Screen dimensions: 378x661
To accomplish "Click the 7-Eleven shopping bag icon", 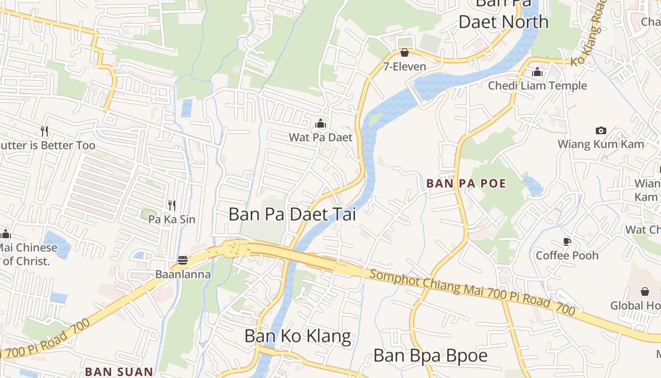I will pos(405,52).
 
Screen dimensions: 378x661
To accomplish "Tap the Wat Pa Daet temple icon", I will pos(321,124).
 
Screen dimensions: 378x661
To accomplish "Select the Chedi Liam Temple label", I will pos(537,86).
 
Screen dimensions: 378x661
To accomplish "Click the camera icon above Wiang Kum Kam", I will pos(601,130).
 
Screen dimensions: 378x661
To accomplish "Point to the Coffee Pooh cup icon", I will pos(567,242).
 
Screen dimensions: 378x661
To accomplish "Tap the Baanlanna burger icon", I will pos(183,260).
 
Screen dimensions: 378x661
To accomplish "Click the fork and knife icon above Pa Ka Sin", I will pos(172,206).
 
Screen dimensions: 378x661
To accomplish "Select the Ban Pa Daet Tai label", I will pos(292,214).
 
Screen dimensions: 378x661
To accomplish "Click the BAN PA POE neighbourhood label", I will pos(466,183).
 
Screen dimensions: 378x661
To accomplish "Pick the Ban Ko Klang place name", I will pos(297,336).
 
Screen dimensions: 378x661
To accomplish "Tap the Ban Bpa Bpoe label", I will pos(430,355).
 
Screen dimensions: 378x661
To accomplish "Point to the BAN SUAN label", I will pos(119,372).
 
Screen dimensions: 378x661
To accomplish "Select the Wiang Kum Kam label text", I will pos(601,144).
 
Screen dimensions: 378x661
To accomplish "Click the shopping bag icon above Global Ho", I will pos(644,292).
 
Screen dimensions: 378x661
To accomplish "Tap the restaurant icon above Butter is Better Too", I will pos(44,131).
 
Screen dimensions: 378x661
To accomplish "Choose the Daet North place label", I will pos(503,22).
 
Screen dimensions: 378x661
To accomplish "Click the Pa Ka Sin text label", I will pos(171,219).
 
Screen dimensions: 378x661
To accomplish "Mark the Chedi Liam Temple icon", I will pos(537,72).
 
